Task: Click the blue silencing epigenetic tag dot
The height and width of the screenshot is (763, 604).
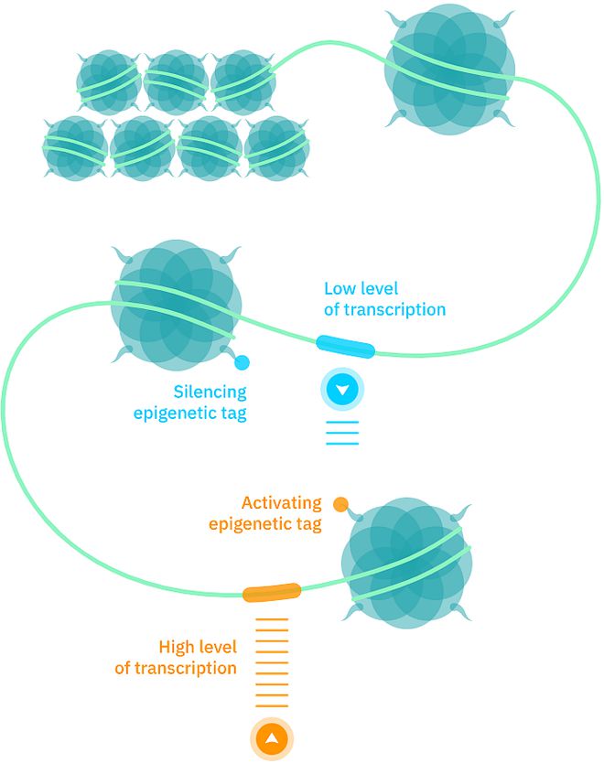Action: (242, 362)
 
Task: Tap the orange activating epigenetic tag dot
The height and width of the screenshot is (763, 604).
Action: (340, 503)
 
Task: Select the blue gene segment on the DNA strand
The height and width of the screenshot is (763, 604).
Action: (345, 347)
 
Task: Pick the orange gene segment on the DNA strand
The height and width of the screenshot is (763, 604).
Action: (272, 592)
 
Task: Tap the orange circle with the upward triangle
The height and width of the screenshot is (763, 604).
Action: (271, 739)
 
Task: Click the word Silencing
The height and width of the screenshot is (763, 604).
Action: (210, 392)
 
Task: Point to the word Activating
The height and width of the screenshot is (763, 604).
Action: (281, 503)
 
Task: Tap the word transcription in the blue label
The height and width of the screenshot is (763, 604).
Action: (394, 309)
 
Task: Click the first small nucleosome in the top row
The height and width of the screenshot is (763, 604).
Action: (108, 81)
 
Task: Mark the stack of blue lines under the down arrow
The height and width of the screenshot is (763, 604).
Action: (342, 432)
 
